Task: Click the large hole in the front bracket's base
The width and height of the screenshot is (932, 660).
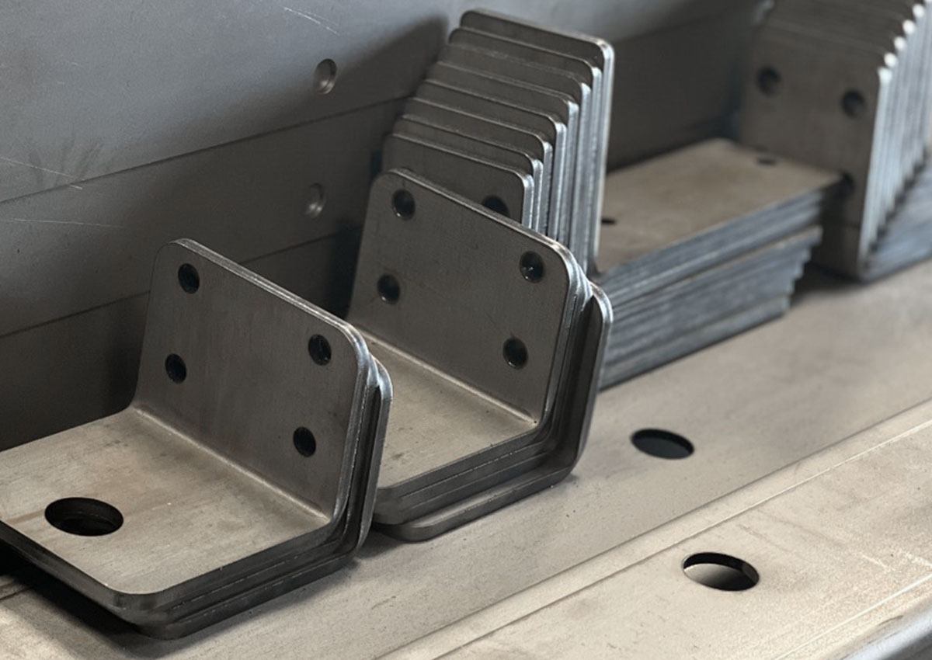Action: point(84,516)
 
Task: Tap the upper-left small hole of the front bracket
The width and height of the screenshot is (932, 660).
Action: point(188,278)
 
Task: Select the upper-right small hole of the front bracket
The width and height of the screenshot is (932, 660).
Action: point(319,349)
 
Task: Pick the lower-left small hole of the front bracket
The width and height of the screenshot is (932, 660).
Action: point(176,368)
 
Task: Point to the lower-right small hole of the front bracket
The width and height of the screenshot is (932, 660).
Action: point(304,442)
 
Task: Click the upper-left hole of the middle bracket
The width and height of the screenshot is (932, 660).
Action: point(403,204)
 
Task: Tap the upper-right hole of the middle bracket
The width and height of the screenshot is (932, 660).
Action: point(532,266)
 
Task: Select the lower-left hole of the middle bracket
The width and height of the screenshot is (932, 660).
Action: point(388,289)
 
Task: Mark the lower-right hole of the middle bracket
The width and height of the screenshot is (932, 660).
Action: point(515,353)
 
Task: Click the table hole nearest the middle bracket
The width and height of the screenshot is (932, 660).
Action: point(662,443)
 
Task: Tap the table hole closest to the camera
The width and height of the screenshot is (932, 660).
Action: point(720,571)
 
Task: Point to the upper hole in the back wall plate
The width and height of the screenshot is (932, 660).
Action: point(325,76)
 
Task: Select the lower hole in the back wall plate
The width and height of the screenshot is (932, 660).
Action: point(315,200)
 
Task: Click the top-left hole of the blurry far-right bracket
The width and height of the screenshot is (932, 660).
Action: point(769,80)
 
